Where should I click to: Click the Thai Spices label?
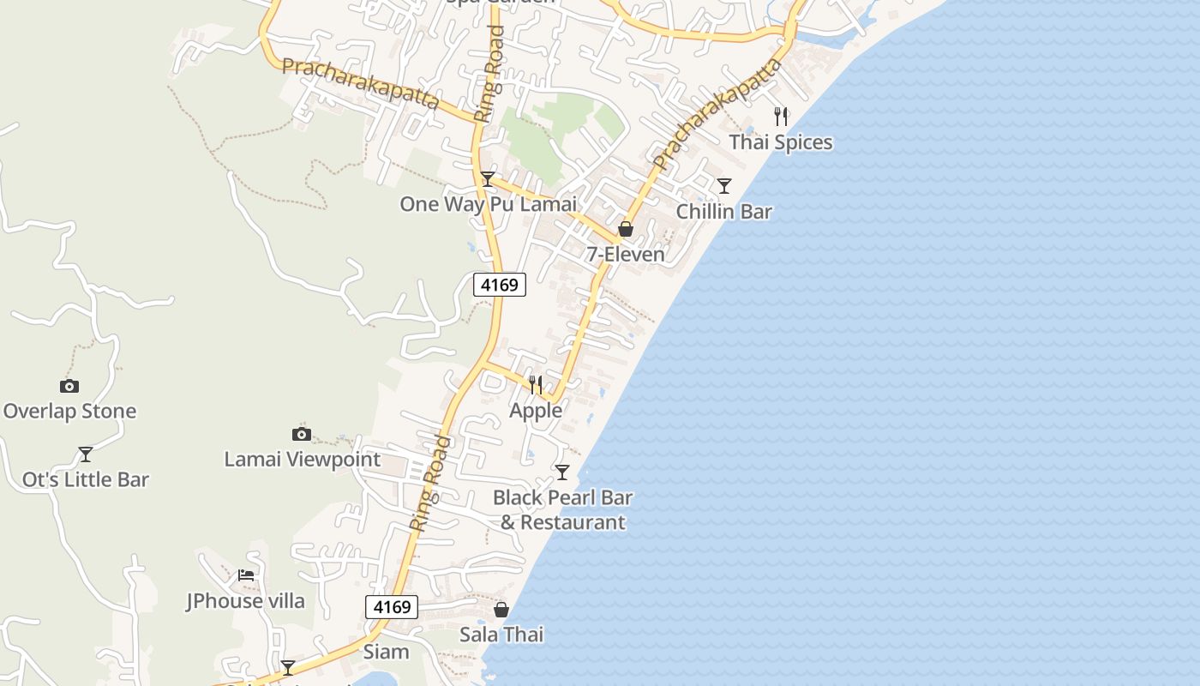[781, 142]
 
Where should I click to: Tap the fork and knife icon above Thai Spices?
[781, 117]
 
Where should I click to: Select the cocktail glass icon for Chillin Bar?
[724, 186]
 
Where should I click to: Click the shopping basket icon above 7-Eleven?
[626, 229]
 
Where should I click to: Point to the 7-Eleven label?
[626, 255]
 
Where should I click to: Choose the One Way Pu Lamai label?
[488, 204]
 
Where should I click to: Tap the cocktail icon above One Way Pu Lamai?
[488, 178]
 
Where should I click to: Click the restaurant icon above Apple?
[536, 384]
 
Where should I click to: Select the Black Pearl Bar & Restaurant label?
[563, 509]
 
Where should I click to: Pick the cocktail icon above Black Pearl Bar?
[562, 472]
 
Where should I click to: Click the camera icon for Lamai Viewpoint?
[301, 434]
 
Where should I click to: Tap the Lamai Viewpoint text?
[302, 460]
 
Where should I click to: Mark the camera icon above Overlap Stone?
[69, 386]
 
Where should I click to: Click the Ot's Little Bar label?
[86, 480]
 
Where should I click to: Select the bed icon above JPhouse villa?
[246, 575]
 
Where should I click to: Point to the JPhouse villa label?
[246, 601]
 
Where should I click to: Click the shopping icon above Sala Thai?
[501, 610]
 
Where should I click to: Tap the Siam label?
[387, 652]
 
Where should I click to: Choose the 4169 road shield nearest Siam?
[392, 607]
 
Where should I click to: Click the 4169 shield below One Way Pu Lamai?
[500, 285]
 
